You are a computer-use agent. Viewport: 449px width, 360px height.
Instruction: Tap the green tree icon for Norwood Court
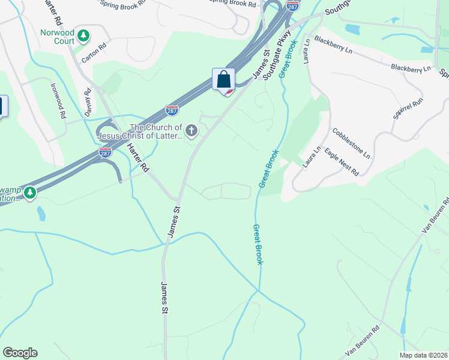click(x=84, y=37)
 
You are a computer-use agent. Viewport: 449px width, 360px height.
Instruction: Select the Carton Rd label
click(x=94, y=47)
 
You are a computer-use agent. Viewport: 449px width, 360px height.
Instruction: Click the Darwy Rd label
click(x=88, y=103)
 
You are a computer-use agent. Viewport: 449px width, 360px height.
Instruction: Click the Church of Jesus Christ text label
click(x=156, y=132)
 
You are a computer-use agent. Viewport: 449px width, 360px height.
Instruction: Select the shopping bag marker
click(x=223, y=80)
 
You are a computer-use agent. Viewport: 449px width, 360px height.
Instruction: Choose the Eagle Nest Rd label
click(x=342, y=162)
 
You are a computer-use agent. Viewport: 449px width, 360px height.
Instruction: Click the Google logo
click(x=20, y=353)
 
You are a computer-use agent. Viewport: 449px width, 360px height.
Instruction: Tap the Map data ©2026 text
click(x=424, y=355)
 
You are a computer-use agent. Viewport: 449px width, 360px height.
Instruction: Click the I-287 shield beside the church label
click(x=172, y=110)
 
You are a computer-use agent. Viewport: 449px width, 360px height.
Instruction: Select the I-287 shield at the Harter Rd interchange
click(x=105, y=152)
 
